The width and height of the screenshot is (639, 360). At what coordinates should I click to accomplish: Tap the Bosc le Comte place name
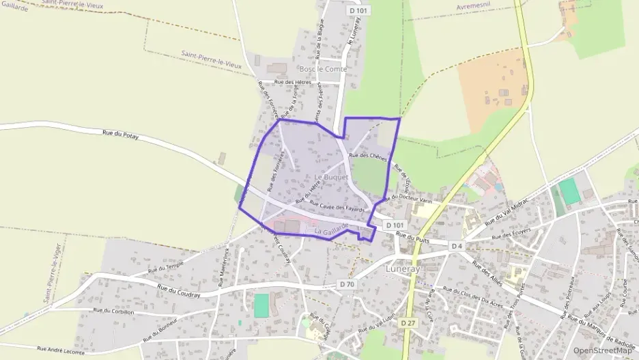(x=323, y=69)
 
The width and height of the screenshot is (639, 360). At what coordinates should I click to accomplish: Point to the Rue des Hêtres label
(x=292, y=82)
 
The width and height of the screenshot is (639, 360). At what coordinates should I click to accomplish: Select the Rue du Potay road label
(x=120, y=135)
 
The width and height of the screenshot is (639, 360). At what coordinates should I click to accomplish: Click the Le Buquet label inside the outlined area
(x=309, y=177)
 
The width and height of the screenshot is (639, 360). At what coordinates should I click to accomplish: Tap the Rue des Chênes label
(x=368, y=156)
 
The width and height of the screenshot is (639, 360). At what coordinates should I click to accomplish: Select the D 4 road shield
(x=457, y=245)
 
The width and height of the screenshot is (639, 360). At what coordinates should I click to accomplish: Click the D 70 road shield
(x=347, y=283)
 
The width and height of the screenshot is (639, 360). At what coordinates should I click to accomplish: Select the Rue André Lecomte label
(x=61, y=351)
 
